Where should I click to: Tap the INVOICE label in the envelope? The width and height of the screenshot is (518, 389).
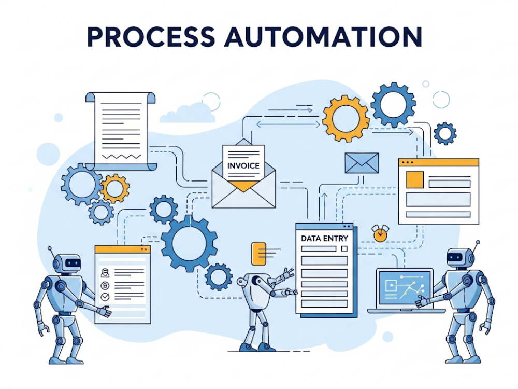(243, 166)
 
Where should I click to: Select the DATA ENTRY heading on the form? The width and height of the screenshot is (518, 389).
(324, 238)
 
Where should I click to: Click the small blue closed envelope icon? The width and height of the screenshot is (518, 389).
(362, 163)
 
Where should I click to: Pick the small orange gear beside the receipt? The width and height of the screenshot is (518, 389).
(114, 188)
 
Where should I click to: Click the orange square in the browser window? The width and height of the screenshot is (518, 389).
(415, 179)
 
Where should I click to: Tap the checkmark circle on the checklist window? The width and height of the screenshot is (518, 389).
(105, 297)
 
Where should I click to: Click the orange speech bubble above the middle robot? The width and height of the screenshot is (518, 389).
(258, 253)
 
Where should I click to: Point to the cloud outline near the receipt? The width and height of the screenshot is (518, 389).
(187, 113)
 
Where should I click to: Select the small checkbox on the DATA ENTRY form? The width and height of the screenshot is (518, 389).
(344, 248)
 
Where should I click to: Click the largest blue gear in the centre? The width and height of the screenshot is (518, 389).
(189, 243)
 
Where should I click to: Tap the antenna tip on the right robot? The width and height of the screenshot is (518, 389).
(477, 242)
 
